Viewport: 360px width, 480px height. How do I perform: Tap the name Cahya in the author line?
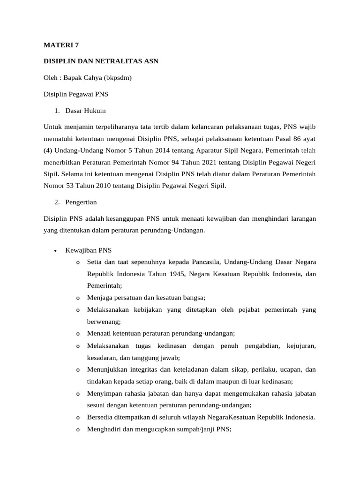tap(93, 78)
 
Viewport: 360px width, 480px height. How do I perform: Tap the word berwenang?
tap(104, 322)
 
